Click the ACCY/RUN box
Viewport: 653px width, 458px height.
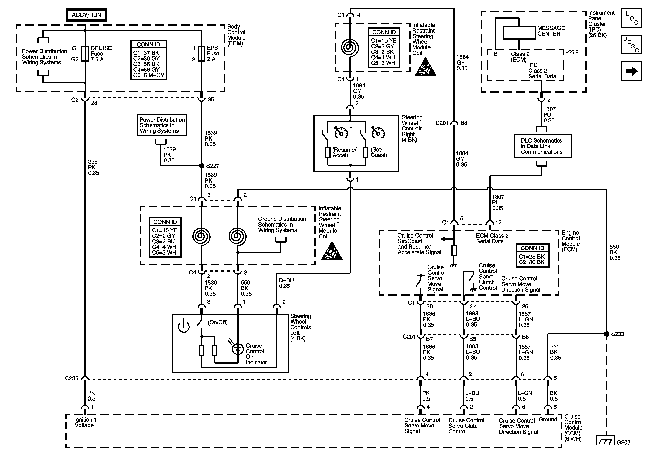click(86, 15)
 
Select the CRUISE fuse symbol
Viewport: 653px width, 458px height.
click(85, 53)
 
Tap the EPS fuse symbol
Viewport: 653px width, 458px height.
click(202, 53)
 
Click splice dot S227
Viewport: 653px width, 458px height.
click(202, 166)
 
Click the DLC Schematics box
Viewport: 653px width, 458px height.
click(543, 146)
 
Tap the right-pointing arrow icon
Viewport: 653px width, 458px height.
click(631, 71)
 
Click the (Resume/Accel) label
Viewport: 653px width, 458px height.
click(344, 153)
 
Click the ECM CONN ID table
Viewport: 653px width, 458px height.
click(532, 255)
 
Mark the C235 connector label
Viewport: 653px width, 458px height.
click(71, 378)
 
